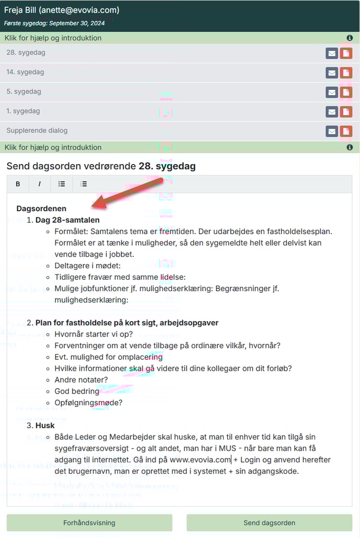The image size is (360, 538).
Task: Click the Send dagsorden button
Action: tap(269, 522)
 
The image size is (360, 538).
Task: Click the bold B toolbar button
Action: tap(18, 184)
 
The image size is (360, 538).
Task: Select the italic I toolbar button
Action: tap(39, 184)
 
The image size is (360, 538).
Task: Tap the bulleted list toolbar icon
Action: tap(62, 184)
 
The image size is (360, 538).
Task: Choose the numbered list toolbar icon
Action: tap(84, 184)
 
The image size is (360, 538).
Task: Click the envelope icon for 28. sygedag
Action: tap(332, 53)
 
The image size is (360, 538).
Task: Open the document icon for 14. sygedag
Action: tap(346, 73)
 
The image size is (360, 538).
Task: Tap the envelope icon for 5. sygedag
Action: tap(332, 92)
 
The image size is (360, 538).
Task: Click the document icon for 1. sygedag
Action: tap(346, 111)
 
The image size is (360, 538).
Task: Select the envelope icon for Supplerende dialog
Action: tap(332, 131)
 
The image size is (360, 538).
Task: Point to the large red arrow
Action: tap(129, 193)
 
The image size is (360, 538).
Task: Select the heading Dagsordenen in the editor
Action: tap(41, 209)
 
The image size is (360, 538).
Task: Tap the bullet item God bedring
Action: tap(76, 391)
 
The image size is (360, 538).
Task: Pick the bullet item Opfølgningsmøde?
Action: tap(88, 403)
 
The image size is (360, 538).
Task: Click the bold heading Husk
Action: tap(45, 426)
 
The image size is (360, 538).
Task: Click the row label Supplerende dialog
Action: tap(37, 131)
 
